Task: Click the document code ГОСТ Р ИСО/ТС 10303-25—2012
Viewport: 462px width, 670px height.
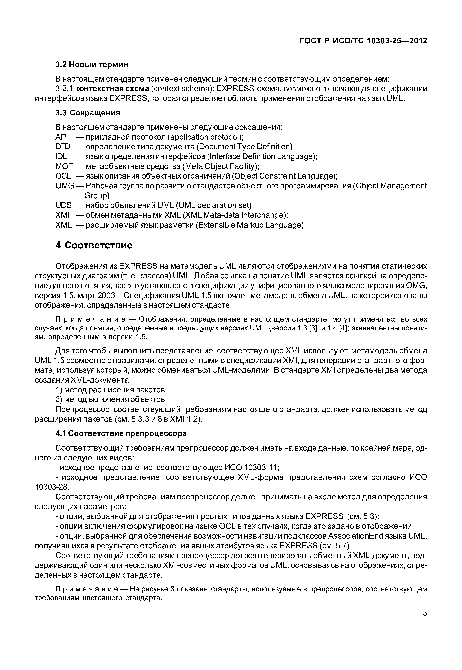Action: pos(363,41)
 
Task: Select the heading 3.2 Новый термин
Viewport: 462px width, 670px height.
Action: pos(92,64)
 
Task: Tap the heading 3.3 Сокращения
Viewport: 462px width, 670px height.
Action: pos(87,113)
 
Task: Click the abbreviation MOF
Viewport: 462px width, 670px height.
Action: pos(64,166)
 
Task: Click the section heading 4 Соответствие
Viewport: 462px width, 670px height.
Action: pos(94,245)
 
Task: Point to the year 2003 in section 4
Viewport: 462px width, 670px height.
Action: pos(106,296)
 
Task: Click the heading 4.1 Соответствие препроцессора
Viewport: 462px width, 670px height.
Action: pos(121,433)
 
